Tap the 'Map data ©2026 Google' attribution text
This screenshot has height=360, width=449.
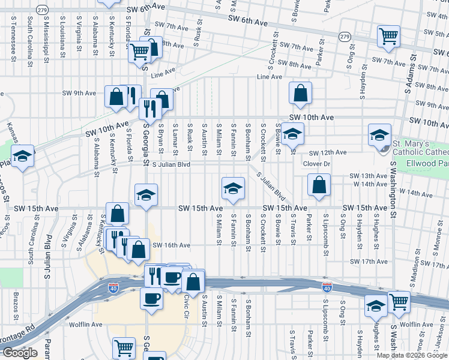click(412, 355)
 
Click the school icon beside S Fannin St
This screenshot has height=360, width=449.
click(233, 187)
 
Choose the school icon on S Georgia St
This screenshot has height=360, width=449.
click(146, 195)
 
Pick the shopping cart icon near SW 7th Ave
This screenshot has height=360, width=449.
click(388, 36)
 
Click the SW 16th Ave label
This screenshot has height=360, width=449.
click(171, 245)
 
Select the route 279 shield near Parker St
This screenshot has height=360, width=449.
click(344, 37)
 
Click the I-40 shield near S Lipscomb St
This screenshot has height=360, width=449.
click(327, 288)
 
